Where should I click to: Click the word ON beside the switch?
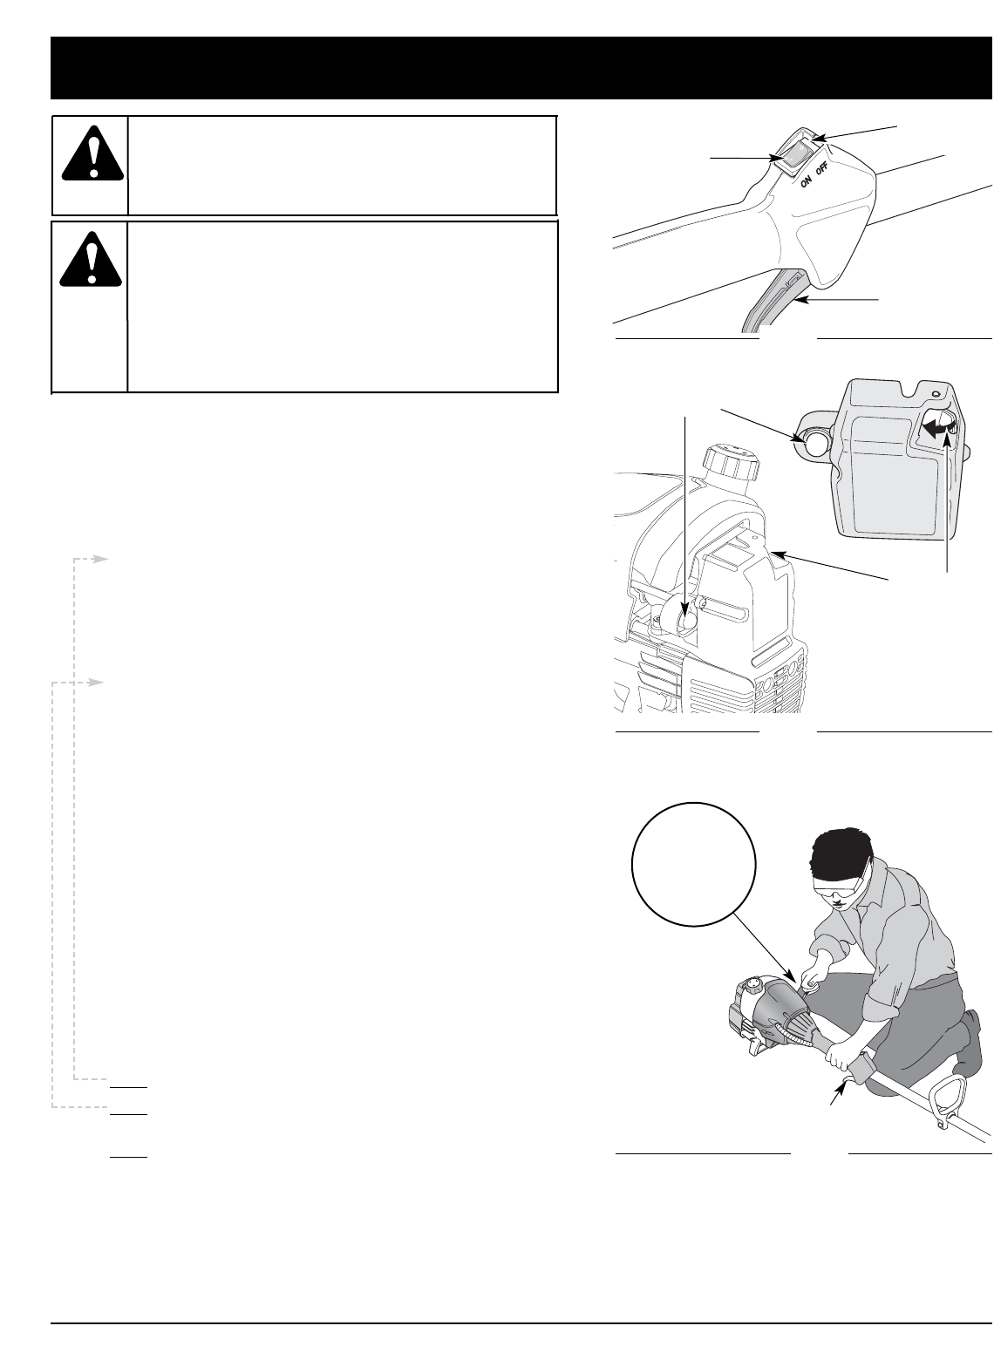pyautogui.click(x=805, y=180)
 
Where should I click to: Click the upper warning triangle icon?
pyautogui.click(x=93, y=153)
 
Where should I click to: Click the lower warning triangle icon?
pyautogui.click(x=92, y=259)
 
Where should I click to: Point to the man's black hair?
pyautogui.click(x=838, y=852)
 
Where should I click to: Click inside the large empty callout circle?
pyautogui.click(x=694, y=864)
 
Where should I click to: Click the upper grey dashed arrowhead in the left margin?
pyautogui.click(x=100, y=560)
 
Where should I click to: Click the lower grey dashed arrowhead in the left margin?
pyautogui.click(x=97, y=683)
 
